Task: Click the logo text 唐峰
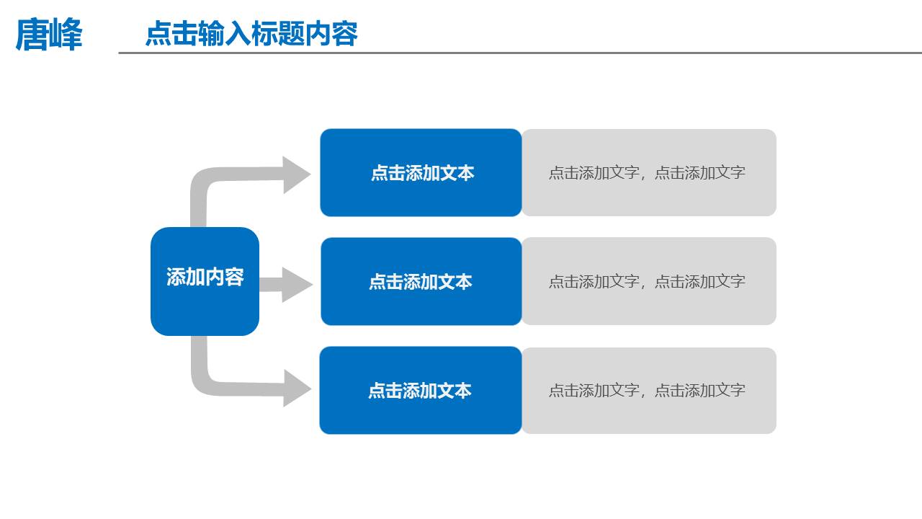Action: point(49,34)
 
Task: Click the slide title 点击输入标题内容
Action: point(251,34)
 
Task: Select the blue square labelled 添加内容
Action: point(205,281)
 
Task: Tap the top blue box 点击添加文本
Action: point(421,173)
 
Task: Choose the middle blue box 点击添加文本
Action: point(421,282)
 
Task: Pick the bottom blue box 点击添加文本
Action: point(421,391)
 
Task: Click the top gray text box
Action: point(648,173)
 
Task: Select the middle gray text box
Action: point(648,282)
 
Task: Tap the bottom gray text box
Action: point(648,391)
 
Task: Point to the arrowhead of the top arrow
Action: point(296,174)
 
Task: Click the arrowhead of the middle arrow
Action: point(296,285)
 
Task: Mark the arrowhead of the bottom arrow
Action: point(296,389)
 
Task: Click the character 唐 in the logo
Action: point(32,34)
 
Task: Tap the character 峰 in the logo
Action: point(66,34)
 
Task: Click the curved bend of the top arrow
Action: point(202,179)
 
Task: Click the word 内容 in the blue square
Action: point(225,277)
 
